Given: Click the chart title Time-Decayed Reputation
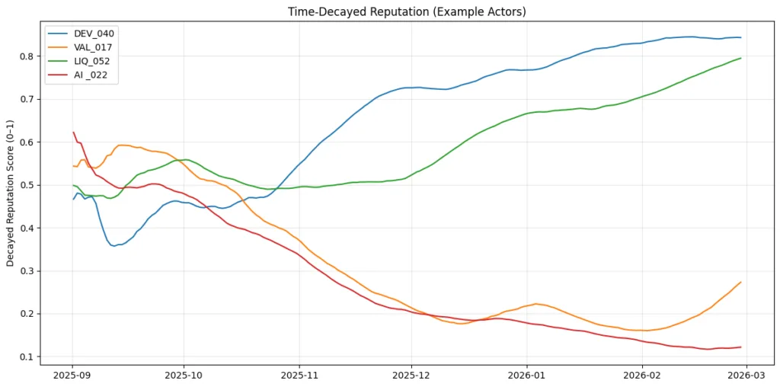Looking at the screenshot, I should [407, 11].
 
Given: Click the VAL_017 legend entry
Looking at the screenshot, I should [94, 47].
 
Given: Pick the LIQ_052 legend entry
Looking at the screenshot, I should [94, 62].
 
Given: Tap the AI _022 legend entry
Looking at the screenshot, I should [94, 75].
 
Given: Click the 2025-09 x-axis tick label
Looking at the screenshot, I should [72, 376].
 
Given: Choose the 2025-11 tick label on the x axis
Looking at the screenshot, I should [299, 376].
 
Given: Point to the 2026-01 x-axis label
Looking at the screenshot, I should [526, 376].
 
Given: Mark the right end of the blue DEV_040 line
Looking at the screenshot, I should [740, 37].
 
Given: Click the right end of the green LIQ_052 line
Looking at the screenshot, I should [740, 58].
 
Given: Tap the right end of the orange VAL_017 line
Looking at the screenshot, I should [740, 282].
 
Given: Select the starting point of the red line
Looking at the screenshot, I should [73, 132].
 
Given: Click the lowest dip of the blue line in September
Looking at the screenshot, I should [114, 246].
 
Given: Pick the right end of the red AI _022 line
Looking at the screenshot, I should [740, 347].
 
